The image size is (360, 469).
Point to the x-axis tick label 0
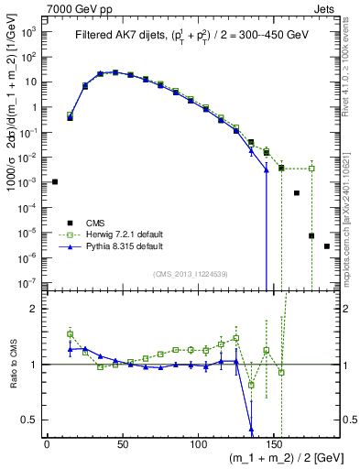pyautogui.click(x=47, y=443)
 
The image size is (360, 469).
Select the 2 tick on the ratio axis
pyautogui.click(x=34, y=309)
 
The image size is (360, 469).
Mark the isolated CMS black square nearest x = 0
pyautogui.click(x=55, y=181)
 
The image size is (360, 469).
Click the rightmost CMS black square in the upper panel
pyautogui.click(x=327, y=246)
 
